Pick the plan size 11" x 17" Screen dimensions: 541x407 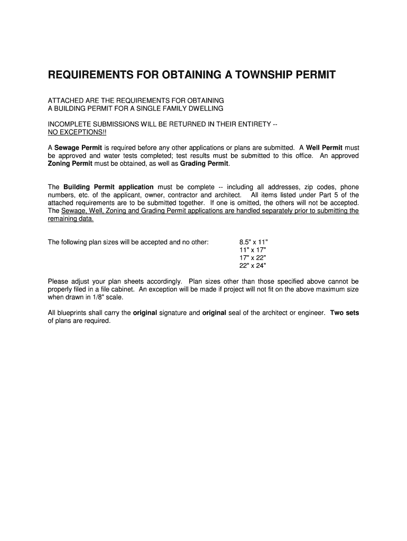(253, 250)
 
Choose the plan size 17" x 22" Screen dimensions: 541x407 (253, 258)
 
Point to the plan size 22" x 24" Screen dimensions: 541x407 (253, 266)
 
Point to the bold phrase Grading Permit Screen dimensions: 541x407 (205, 163)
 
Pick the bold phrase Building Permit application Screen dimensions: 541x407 (108, 187)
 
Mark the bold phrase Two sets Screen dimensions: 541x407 (344, 313)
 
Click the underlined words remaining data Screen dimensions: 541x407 (71, 218)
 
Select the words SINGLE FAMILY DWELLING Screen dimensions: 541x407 (180, 108)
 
